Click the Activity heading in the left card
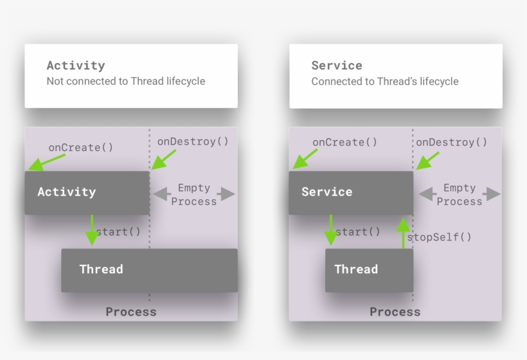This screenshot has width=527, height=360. click(x=76, y=66)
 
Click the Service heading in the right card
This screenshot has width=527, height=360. click(x=337, y=66)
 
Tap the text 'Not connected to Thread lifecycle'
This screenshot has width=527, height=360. click(x=126, y=82)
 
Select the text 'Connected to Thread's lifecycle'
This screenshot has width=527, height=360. click(x=385, y=82)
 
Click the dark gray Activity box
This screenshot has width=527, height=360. click(x=87, y=192)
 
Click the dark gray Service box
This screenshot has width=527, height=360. click(x=350, y=192)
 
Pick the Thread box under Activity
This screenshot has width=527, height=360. click(x=149, y=270)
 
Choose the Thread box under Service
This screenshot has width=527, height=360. click(x=369, y=270)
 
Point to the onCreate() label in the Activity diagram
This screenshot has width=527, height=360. click(x=81, y=147)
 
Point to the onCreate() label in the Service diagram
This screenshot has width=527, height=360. click(x=345, y=142)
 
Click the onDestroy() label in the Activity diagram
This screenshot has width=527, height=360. click(x=193, y=141)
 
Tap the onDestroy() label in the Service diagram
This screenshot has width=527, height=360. click(x=452, y=142)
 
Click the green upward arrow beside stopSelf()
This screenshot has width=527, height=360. click(x=403, y=232)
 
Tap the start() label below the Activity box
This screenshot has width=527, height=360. click(x=118, y=231)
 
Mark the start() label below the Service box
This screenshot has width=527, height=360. click(x=358, y=231)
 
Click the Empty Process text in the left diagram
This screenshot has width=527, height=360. click(x=194, y=194)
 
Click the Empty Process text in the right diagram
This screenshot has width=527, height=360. click(x=460, y=194)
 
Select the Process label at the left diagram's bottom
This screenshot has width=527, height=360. click(x=131, y=312)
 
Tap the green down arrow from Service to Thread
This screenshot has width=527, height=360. click(x=331, y=230)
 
